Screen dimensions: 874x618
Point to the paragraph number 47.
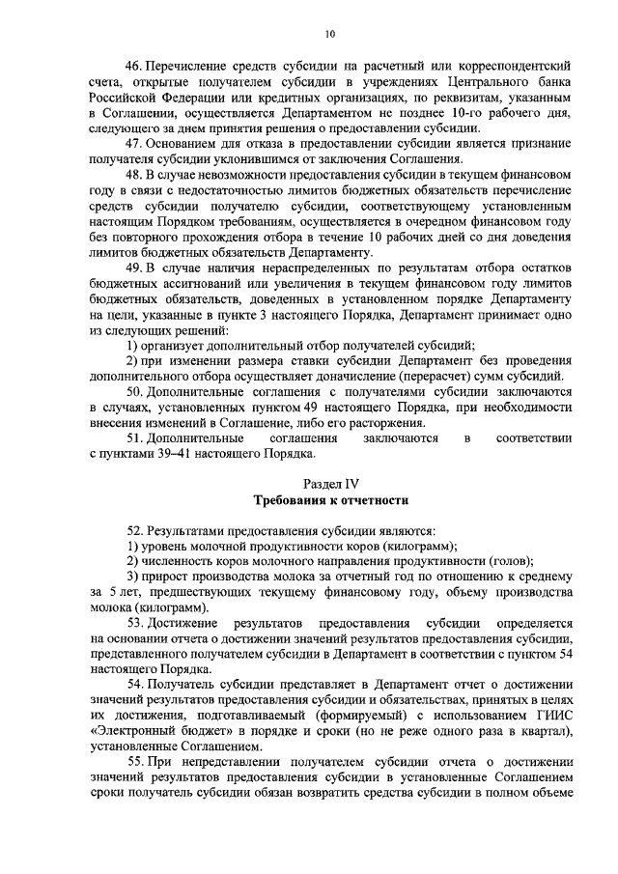[134, 144]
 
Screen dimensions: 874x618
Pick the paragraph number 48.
[134, 175]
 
